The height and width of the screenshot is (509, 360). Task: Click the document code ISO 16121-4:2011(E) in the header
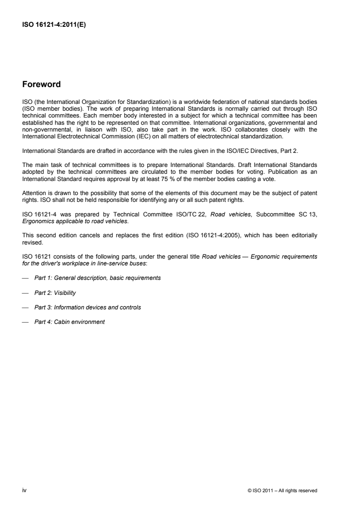54,25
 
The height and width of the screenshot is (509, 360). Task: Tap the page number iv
24,490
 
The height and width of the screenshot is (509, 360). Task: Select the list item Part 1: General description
97,278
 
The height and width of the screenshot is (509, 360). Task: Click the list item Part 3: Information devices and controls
87,307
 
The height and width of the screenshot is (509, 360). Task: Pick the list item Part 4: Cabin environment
69,322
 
